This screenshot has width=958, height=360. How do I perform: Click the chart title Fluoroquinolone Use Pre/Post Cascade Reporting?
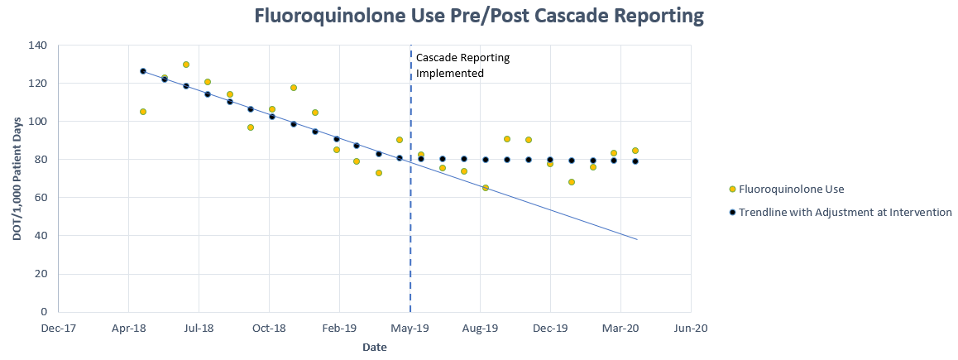[479, 17]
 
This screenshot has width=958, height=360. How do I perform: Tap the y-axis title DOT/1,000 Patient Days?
[17, 179]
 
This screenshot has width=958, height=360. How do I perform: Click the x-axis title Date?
[374, 348]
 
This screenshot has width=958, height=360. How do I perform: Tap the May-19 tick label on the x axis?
[410, 329]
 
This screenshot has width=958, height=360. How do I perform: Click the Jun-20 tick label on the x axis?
[691, 329]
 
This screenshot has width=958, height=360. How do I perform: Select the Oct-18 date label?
[269, 329]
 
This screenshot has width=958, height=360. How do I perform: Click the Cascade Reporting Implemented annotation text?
[462, 65]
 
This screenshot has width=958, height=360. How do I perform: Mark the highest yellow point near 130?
[186, 65]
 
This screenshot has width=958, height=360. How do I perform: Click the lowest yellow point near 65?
[486, 188]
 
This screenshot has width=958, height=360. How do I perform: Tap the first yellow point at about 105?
[143, 112]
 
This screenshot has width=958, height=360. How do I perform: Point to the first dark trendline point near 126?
[143, 71]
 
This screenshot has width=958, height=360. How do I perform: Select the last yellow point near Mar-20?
[635, 151]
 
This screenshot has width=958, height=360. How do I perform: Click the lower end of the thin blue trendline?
[637, 239]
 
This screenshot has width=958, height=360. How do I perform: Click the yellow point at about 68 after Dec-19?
[572, 182]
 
